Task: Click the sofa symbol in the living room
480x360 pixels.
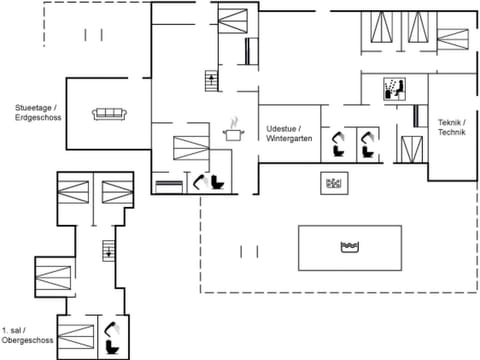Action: [x=108, y=113]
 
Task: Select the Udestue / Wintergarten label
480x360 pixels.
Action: [x=290, y=135]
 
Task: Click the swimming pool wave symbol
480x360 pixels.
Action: [x=350, y=245]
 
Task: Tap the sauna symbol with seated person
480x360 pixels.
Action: [x=394, y=89]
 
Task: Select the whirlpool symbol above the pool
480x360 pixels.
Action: [x=333, y=183]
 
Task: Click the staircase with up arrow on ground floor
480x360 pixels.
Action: [x=210, y=80]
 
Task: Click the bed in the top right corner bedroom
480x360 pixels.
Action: [x=451, y=39]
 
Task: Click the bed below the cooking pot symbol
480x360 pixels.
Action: [x=190, y=148]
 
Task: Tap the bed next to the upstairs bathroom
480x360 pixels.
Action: [x=76, y=335]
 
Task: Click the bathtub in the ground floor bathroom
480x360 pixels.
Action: [x=169, y=185]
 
